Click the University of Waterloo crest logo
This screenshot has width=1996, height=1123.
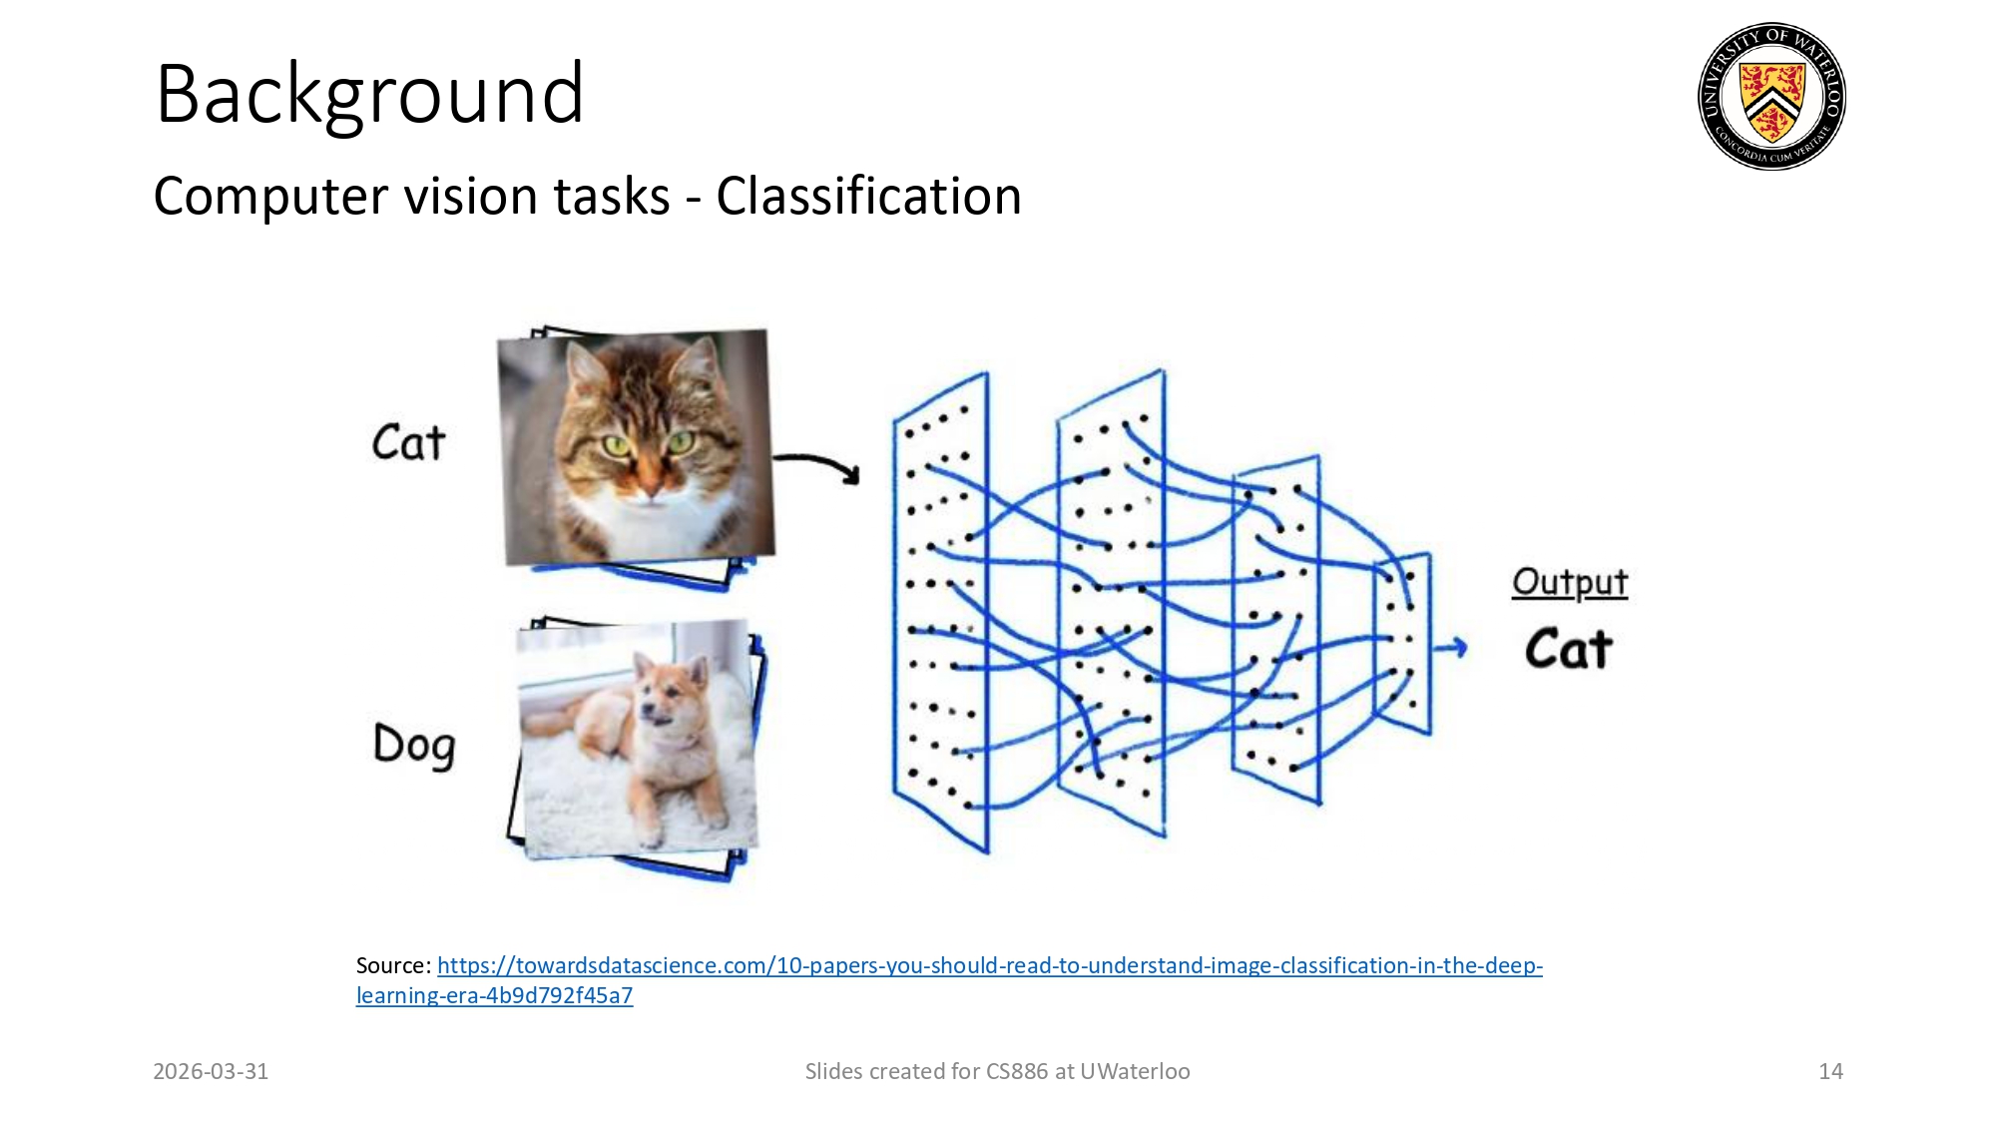(1771, 97)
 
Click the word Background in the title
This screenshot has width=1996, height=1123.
(369, 94)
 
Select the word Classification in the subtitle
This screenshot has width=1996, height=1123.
(868, 196)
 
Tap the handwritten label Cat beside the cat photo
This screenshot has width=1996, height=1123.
(408, 442)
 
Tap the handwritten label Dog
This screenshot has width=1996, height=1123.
(414, 745)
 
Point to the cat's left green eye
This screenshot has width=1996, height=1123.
(616, 445)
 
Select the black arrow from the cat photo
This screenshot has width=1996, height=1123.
(816, 466)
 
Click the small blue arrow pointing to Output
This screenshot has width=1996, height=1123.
(1450, 648)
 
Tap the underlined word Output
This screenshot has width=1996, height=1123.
(1569, 582)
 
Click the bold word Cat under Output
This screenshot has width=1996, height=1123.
(1568, 650)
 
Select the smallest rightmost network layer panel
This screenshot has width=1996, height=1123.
(1403, 644)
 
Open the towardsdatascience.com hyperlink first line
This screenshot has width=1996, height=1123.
(988, 965)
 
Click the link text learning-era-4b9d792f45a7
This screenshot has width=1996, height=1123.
(494, 995)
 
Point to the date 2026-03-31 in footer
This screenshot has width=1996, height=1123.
(211, 1071)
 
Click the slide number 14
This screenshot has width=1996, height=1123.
(1830, 1071)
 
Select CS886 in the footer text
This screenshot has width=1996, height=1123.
(1016, 1071)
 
